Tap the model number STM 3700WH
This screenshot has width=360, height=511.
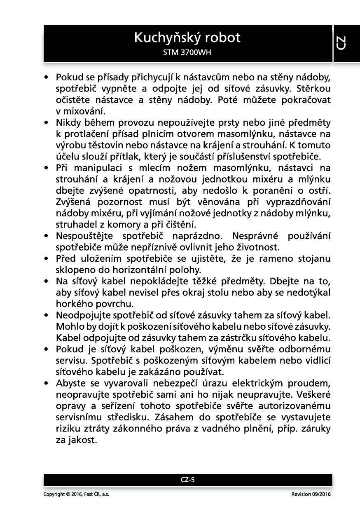pos(187,53)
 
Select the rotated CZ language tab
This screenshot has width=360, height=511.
pos(341,43)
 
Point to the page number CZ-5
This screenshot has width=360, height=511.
pos(187,480)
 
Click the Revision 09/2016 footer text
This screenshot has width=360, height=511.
pos(311,494)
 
